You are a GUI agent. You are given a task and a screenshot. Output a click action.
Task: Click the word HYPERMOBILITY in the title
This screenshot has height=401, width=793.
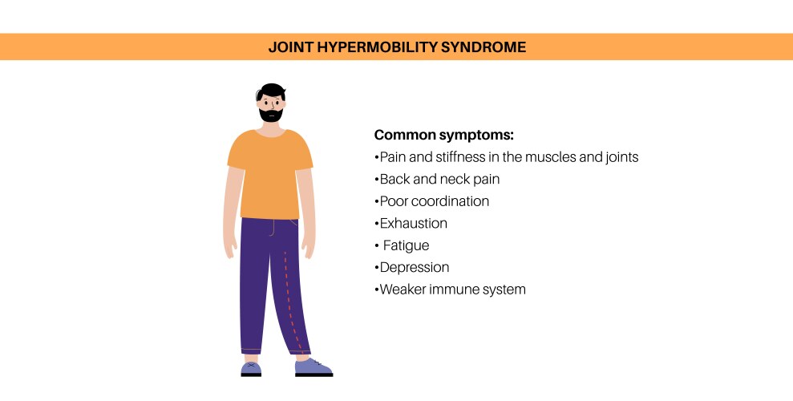pyautogui.click(x=369, y=47)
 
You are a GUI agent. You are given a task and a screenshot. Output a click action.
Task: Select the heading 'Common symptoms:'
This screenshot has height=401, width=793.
pyautogui.click(x=443, y=135)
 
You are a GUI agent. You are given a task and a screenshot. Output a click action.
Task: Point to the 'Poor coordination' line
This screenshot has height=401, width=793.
pyautogui.click(x=434, y=201)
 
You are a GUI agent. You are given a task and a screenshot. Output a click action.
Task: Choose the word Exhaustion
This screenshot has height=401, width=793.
pyautogui.click(x=413, y=223)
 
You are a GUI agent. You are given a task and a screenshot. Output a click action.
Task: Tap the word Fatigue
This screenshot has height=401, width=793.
pyautogui.click(x=407, y=245)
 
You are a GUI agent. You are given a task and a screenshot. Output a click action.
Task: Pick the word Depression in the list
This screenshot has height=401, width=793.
pyautogui.click(x=414, y=267)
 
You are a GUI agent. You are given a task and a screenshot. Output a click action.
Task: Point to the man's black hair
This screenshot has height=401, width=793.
pyautogui.click(x=271, y=90)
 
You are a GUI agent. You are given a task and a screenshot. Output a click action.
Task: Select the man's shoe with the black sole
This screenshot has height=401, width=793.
pyautogui.click(x=312, y=368)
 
